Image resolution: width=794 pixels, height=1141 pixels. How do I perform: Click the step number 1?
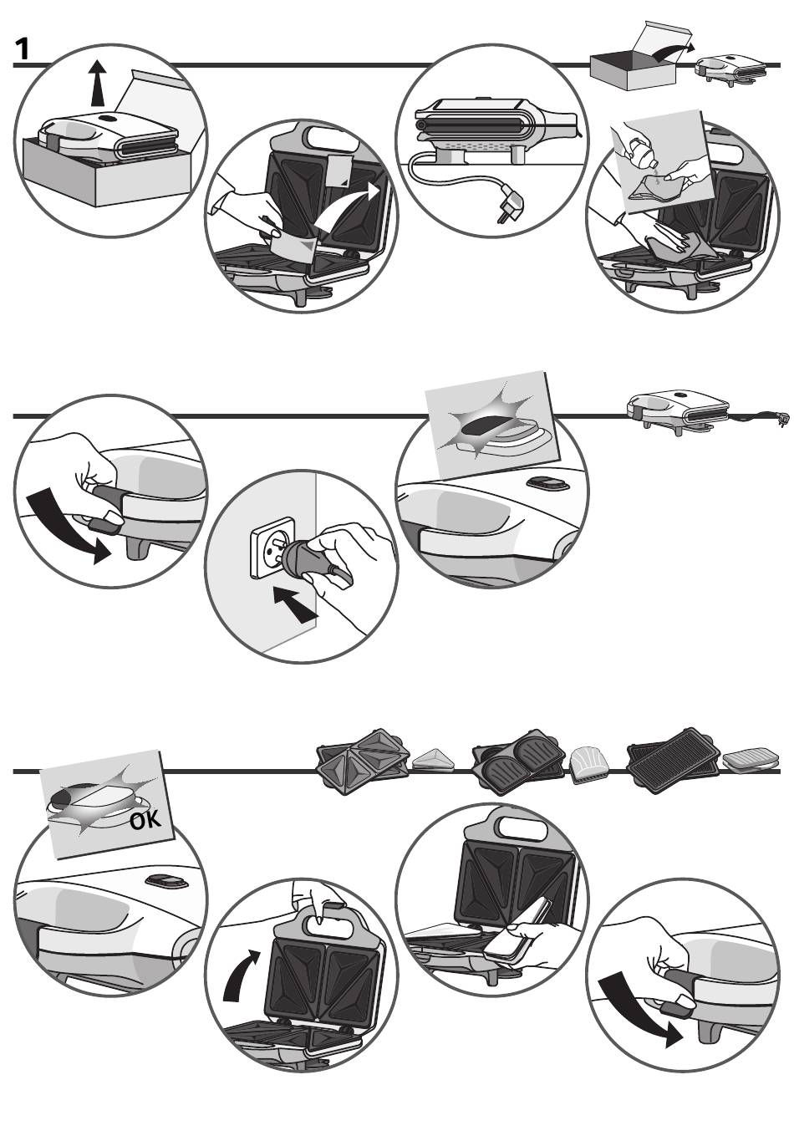pos(23,50)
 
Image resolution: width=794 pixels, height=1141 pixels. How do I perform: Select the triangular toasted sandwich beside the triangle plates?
pos(432,757)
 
